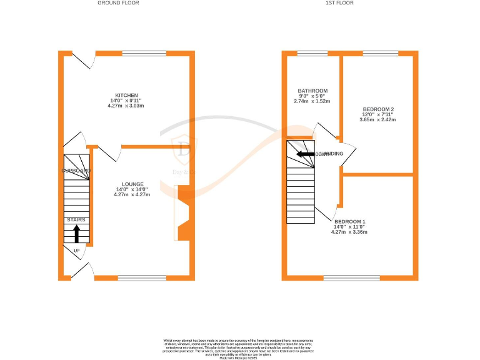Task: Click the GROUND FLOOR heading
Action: (x=118, y=3)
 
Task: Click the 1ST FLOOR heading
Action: (x=340, y=3)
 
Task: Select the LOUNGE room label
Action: (x=132, y=184)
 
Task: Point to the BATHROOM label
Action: (x=312, y=91)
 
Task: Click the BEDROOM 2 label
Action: (x=378, y=109)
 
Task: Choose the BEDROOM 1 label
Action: (x=349, y=222)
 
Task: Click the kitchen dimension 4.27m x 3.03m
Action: (x=126, y=106)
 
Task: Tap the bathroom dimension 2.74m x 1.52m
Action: (x=312, y=101)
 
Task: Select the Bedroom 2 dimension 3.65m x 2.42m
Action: (x=378, y=119)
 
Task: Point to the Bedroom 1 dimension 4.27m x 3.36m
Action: (x=349, y=232)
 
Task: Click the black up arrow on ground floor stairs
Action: (x=76, y=234)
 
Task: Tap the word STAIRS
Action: (x=76, y=220)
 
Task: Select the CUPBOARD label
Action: (x=76, y=170)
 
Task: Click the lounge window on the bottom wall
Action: (x=142, y=277)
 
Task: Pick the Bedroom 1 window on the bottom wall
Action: (x=351, y=277)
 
